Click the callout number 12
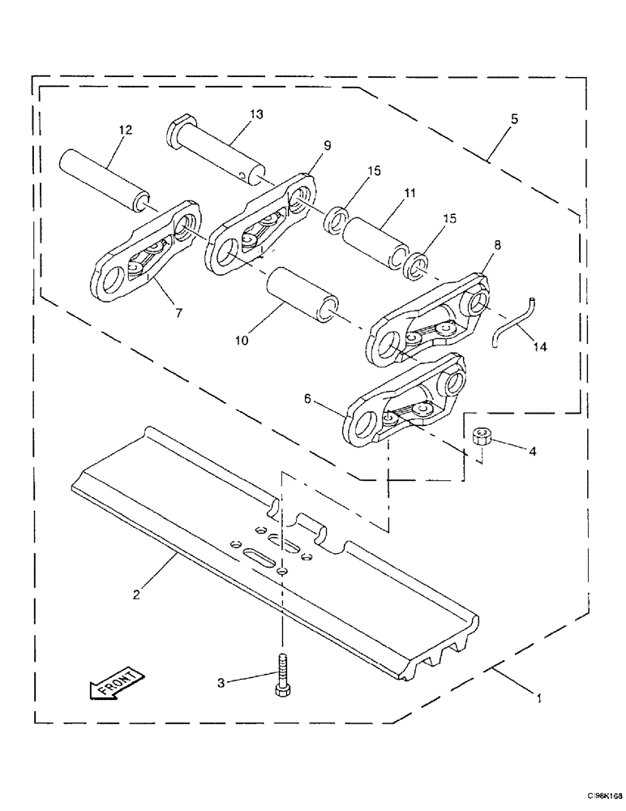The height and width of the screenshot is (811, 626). tap(126, 129)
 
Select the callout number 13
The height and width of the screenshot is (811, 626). tap(256, 114)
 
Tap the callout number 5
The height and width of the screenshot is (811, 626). tap(514, 118)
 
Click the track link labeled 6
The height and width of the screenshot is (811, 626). tap(405, 401)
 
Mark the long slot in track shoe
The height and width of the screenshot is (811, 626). tap(262, 555)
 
